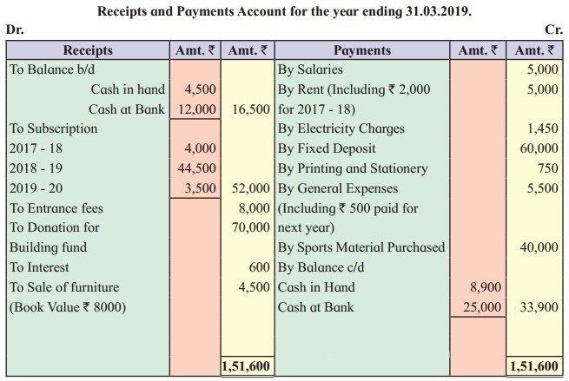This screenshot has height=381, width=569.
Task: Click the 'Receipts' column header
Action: pyautogui.click(x=89, y=50)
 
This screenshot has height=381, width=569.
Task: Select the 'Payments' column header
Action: pyautogui.click(x=363, y=50)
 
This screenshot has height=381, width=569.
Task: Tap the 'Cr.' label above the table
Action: pyautogui.click(x=552, y=30)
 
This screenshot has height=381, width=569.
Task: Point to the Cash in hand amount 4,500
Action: pyautogui.click(x=201, y=89)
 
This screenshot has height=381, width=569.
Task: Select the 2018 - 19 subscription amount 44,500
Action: pyautogui.click(x=199, y=168)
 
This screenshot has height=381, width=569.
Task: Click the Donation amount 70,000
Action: pyautogui.click(x=252, y=228)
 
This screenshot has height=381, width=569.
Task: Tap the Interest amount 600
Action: pyautogui.click(x=261, y=268)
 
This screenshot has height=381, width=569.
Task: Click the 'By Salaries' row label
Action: pyautogui.click(x=310, y=69)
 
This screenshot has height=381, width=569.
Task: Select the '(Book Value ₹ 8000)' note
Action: pyautogui.click(x=64, y=307)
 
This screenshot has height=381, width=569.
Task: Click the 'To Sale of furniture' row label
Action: pyautogui.click(x=64, y=287)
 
